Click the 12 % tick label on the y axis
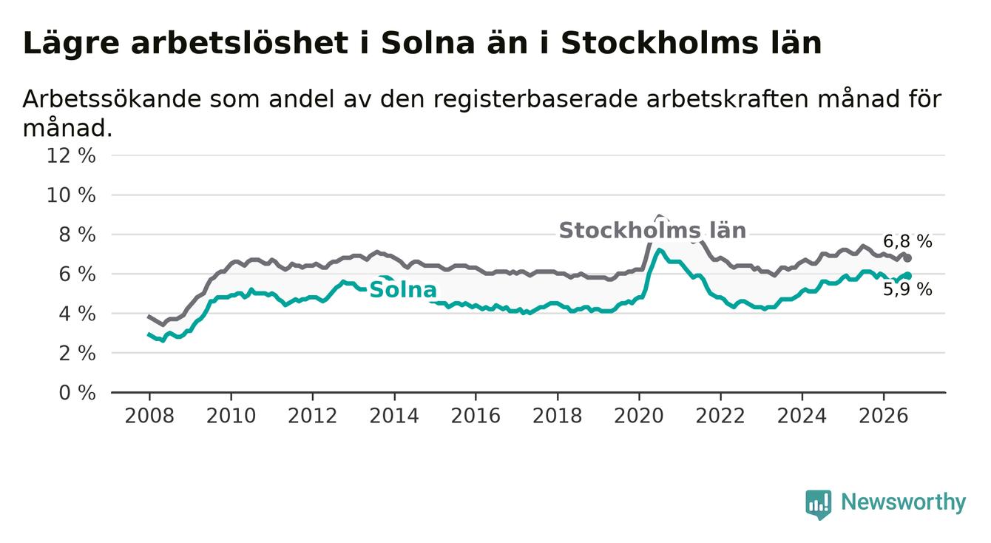(x=71, y=156)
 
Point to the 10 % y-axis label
(x=71, y=195)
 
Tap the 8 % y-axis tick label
(x=78, y=235)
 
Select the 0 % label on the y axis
(x=78, y=393)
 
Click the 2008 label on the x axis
(x=149, y=416)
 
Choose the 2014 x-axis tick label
(x=394, y=416)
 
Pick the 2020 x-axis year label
(x=639, y=416)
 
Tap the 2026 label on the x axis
(x=884, y=416)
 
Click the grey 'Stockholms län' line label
(x=652, y=231)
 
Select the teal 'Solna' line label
(x=403, y=290)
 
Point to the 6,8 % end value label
(x=908, y=241)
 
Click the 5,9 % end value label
(x=908, y=289)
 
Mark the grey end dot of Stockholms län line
(x=907, y=258)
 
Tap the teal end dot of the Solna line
(x=907, y=276)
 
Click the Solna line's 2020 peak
(x=659, y=250)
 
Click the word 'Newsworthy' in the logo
(x=904, y=502)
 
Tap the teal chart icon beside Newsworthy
(x=819, y=505)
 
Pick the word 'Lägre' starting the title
(x=71, y=44)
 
